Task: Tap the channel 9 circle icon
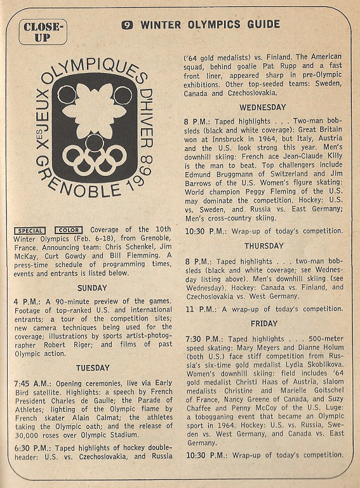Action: [128, 25]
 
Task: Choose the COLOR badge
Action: [68, 230]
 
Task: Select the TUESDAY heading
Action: [93, 367]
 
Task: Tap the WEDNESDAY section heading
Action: [262, 107]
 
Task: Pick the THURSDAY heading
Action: [262, 246]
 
